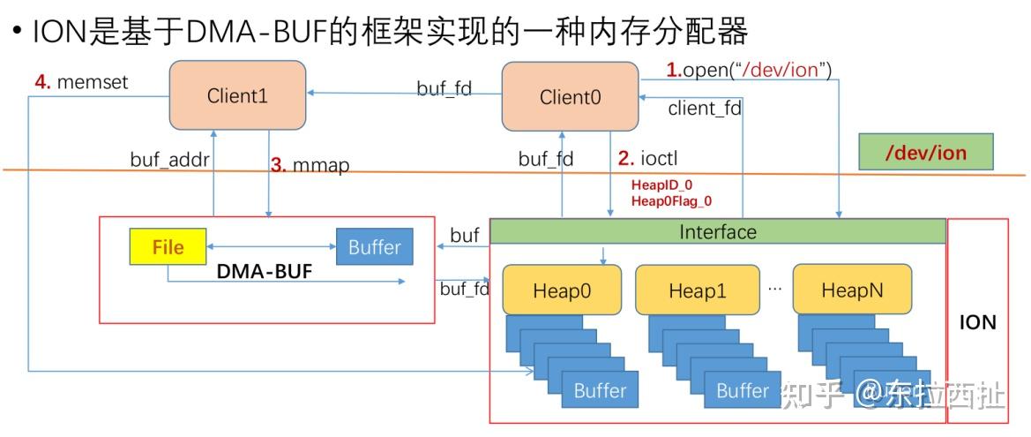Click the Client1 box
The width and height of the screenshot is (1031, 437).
click(237, 96)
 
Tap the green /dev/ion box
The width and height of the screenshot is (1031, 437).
click(925, 153)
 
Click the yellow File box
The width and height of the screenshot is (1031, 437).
click(168, 247)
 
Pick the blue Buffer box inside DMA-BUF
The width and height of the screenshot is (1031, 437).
click(374, 247)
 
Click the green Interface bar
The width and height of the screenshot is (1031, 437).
click(717, 232)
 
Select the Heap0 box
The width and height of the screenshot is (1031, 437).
click(562, 290)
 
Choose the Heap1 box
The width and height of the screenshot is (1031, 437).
click(697, 290)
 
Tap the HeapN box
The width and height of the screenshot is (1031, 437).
click(851, 290)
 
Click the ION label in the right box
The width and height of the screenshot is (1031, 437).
click(977, 322)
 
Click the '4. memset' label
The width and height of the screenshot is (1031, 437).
click(82, 82)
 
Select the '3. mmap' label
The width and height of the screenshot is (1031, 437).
click(310, 165)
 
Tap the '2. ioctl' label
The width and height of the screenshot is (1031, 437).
click(647, 159)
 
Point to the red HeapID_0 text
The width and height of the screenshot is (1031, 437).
click(661, 185)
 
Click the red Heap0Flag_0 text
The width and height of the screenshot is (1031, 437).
click(671, 201)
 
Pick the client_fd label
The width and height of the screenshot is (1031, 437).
click(705, 109)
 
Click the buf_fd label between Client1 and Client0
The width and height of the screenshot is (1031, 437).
click(444, 88)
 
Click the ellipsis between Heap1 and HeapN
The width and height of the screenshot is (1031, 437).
click(774, 288)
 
